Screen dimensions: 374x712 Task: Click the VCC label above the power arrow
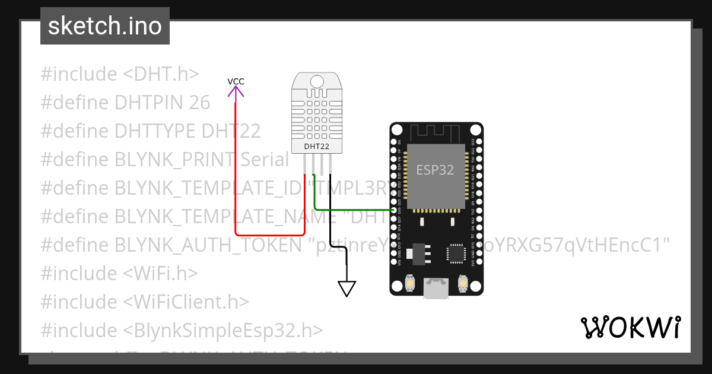(x=236, y=81)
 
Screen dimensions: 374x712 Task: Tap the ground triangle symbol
(x=347, y=289)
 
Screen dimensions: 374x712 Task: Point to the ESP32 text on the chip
(x=435, y=170)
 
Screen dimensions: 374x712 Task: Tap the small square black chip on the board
(x=456, y=252)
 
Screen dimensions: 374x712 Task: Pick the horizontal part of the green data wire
(x=353, y=209)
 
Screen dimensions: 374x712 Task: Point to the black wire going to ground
(x=330, y=237)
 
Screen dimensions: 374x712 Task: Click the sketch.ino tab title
(x=105, y=26)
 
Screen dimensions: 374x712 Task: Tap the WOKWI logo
(x=631, y=327)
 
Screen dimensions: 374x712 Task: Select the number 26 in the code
(x=199, y=103)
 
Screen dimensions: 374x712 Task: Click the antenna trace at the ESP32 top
(x=436, y=131)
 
